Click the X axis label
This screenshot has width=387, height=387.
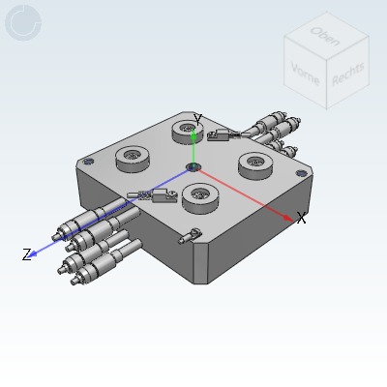301,219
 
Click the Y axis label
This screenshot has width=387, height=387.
197,119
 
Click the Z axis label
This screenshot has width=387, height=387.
27,255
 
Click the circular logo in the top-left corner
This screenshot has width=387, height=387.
23,23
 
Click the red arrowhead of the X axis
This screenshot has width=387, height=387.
289,218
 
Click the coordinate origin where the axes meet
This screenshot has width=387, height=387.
193,167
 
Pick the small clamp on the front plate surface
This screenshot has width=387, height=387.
193,234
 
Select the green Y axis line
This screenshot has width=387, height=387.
193,147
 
